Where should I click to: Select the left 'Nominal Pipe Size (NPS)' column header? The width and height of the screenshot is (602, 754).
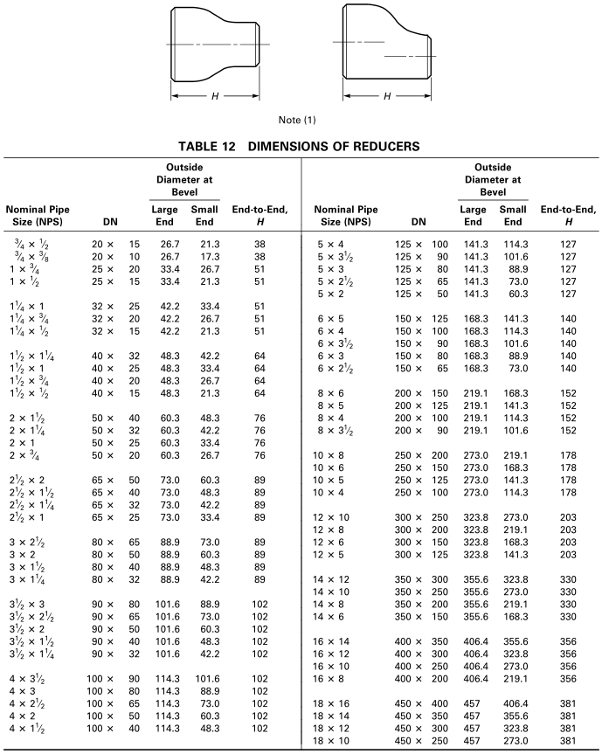(x=38, y=214)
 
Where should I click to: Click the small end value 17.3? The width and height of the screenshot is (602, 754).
(x=205, y=257)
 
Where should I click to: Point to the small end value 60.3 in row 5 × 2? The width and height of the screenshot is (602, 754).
(x=513, y=295)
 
